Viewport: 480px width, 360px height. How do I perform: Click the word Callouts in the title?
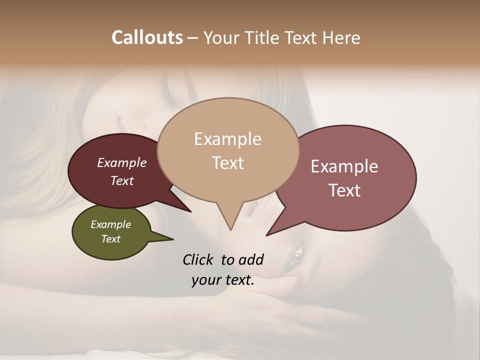click(147, 37)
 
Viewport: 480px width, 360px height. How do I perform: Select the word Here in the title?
click(341, 37)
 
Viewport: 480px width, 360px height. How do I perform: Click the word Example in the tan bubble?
click(227, 139)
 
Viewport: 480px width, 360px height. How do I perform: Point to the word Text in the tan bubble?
click(227, 163)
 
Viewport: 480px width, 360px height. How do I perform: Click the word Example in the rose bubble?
click(344, 166)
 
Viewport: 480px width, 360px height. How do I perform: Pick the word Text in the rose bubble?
click(344, 190)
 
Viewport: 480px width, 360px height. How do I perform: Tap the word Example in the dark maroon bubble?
click(122, 163)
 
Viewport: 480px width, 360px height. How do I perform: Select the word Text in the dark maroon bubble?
click(122, 180)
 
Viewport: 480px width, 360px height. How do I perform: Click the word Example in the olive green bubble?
click(111, 224)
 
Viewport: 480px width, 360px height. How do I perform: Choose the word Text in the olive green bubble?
click(111, 239)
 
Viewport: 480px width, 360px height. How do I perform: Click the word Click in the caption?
click(199, 259)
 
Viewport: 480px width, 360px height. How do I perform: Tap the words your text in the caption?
click(222, 280)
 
